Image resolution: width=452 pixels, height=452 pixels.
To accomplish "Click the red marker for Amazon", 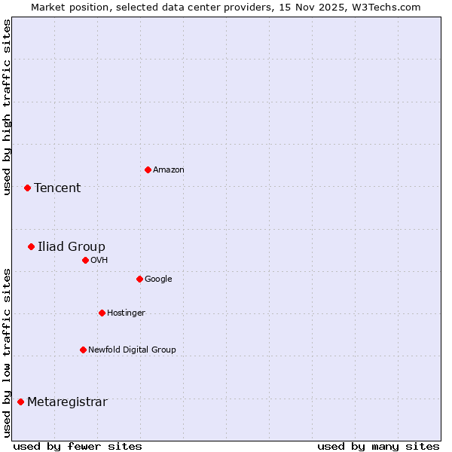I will pos(148,169).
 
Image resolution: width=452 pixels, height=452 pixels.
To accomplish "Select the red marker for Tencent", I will pos(27,188).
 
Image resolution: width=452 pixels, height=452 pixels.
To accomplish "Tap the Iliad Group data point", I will pos(31,246).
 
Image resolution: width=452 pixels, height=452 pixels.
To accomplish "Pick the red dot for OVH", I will pos(85,260).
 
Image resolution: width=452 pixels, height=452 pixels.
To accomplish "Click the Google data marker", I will pos(139,279).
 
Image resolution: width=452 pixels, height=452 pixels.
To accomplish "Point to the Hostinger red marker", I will pos(102,313).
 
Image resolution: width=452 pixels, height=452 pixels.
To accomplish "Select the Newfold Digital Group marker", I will pos(83,350).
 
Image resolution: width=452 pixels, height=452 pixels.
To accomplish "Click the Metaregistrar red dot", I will pos(20,402).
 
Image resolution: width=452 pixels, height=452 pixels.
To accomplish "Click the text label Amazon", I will pos(168,170).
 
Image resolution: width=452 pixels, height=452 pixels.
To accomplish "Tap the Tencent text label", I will pos(57,188).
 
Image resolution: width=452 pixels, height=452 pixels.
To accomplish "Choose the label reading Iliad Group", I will pos(72,247).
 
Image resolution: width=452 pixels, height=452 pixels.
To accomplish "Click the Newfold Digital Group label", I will pos(132,350).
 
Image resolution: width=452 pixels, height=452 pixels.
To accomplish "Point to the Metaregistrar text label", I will pos(67,402).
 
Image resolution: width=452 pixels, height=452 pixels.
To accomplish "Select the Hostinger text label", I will pos(126,313).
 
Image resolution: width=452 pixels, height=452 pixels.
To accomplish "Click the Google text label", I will pos(158,279).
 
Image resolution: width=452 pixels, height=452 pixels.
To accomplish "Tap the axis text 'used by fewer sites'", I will pos(78,446).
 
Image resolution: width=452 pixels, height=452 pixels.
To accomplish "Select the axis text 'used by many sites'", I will pos(378,446).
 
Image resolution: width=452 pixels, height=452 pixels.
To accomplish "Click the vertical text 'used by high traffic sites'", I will pos(7,107).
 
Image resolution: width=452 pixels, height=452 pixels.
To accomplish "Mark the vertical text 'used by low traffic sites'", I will pos(7,353).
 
